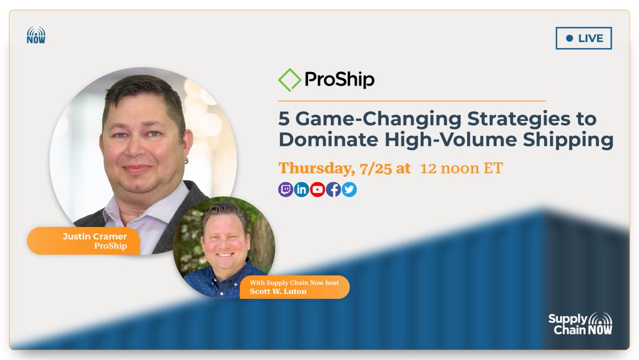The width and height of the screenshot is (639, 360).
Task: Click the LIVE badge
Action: point(584,38)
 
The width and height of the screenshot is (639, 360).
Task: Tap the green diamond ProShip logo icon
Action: point(289,80)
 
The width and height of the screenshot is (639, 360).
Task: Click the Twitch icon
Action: point(285,190)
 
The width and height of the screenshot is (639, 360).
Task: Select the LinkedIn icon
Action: point(301,190)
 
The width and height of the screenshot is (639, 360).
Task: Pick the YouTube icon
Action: point(317,190)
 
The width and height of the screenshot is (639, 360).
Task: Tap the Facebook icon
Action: point(333,190)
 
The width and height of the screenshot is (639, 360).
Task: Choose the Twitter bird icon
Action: point(349,190)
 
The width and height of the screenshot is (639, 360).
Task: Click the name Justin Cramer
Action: point(95,236)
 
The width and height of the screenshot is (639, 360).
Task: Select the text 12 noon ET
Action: point(461,168)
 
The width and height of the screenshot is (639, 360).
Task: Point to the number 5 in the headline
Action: point(284,118)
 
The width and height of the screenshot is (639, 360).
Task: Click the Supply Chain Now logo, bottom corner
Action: point(580,324)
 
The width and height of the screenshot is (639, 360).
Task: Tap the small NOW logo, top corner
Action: point(36,36)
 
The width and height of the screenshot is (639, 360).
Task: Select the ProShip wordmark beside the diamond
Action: point(339,80)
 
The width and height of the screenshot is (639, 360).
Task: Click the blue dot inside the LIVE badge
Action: point(569,38)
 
